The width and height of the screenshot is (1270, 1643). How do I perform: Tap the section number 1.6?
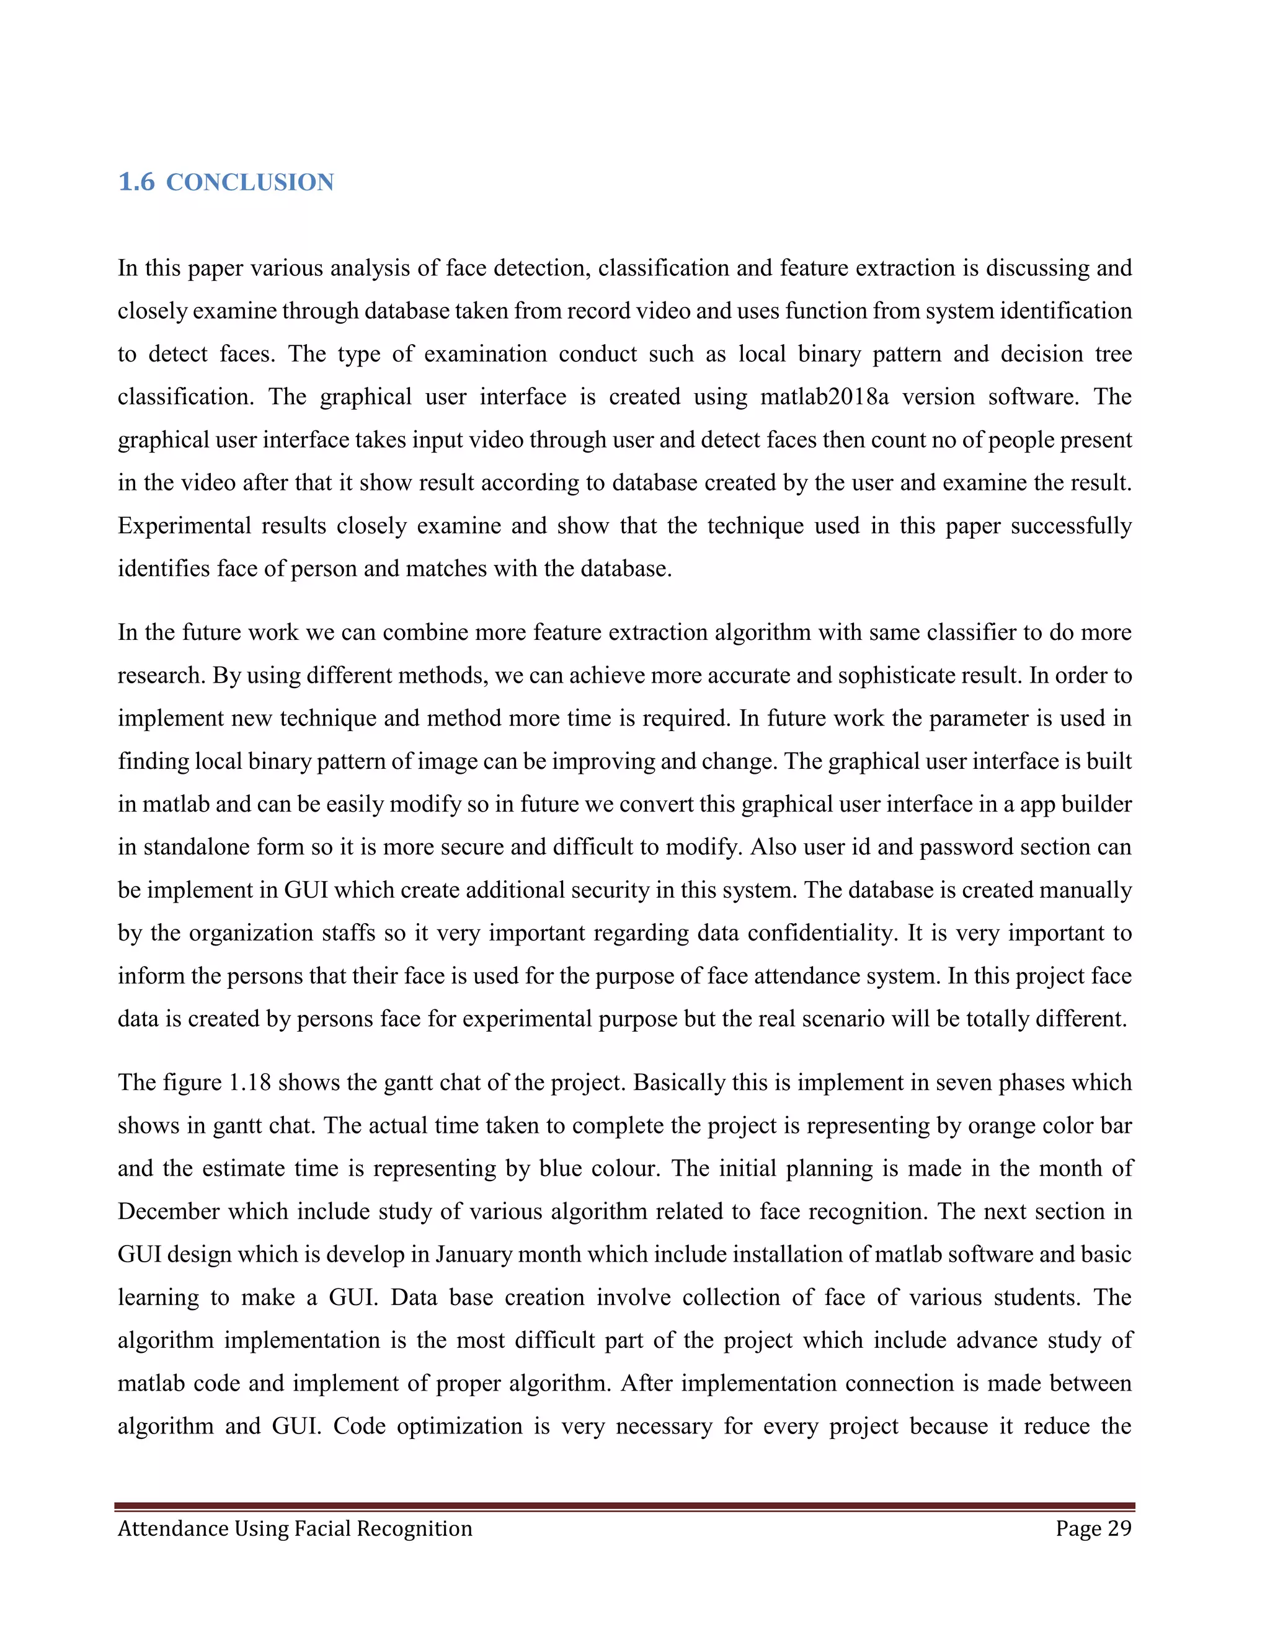tap(136, 182)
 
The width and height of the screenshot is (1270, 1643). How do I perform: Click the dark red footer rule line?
tap(624, 1506)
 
